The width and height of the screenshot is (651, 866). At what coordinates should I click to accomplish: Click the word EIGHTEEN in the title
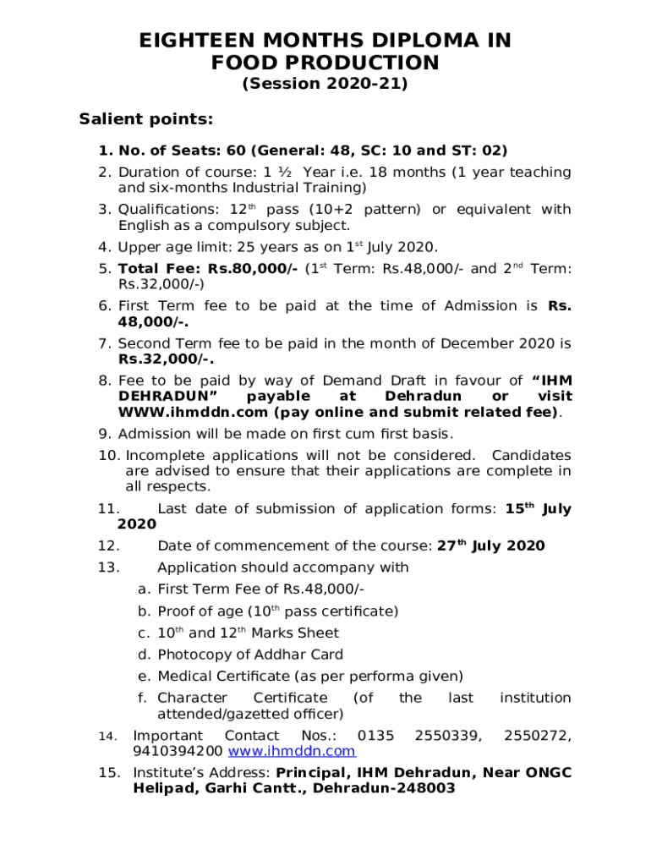pyautogui.click(x=203, y=41)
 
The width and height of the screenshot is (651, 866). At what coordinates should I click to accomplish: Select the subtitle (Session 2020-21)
pyautogui.click(x=325, y=84)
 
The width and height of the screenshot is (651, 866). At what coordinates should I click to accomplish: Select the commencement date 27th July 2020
pyautogui.click(x=490, y=545)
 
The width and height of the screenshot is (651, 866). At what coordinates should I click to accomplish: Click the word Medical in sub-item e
pyautogui.click(x=188, y=677)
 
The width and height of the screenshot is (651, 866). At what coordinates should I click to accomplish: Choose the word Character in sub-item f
pyautogui.click(x=192, y=698)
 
